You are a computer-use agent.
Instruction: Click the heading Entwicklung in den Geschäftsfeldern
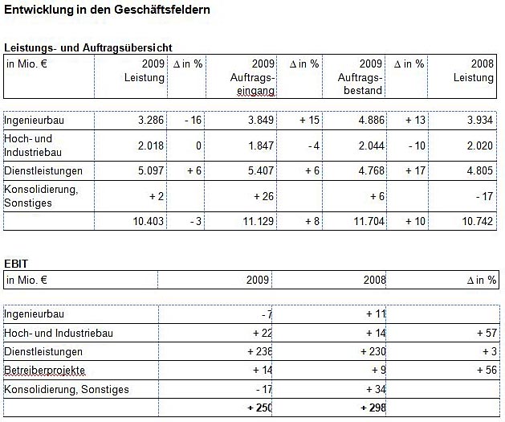pyautogui.click(x=107, y=10)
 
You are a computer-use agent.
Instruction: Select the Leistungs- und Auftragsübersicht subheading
pyautogui.click(x=88, y=47)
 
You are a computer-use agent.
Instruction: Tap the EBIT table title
pyautogui.click(x=16, y=264)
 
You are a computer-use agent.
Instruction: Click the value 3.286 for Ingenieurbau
pyautogui.click(x=151, y=121)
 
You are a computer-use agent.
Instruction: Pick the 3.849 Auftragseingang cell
pyautogui.click(x=261, y=121)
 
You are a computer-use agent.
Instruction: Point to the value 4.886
pyautogui.click(x=372, y=121)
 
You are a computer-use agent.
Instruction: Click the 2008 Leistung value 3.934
pyautogui.click(x=480, y=121)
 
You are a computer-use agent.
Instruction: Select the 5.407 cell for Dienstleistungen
pyautogui.click(x=261, y=170)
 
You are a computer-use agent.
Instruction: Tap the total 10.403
pyautogui.click(x=149, y=221)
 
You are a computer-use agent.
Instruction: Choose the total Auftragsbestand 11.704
pyautogui.click(x=369, y=221)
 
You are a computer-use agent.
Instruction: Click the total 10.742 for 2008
pyautogui.click(x=478, y=221)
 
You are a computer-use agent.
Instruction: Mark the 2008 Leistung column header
pyautogui.click(x=474, y=71)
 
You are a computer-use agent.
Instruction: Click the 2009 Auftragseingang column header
pyautogui.click(x=252, y=77)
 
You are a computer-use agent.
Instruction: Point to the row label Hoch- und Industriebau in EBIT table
pyautogui.click(x=59, y=333)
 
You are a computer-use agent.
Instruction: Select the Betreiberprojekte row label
pyautogui.click(x=44, y=370)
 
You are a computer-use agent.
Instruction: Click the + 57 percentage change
pyautogui.click(x=487, y=333)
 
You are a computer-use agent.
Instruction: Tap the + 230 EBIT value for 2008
pyautogui.click(x=373, y=351)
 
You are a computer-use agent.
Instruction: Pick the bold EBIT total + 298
pyautogui.click(x=373, y=408)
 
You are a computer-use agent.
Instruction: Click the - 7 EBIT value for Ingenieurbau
pyautogui.click(x=267, y=314)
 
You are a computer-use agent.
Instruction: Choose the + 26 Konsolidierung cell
pyautogui.click(x=264, y=196)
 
